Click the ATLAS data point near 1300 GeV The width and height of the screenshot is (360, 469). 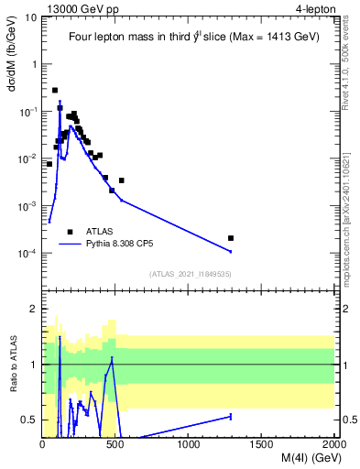point(231,238)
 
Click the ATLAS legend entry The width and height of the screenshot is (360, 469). point(99,232)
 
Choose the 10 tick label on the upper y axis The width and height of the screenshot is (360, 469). point(31,17)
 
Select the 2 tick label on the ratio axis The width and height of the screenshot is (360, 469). point(35,309)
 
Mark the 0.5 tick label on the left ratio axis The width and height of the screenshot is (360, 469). point(31,420)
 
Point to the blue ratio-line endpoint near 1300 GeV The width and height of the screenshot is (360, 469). point(231,417)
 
